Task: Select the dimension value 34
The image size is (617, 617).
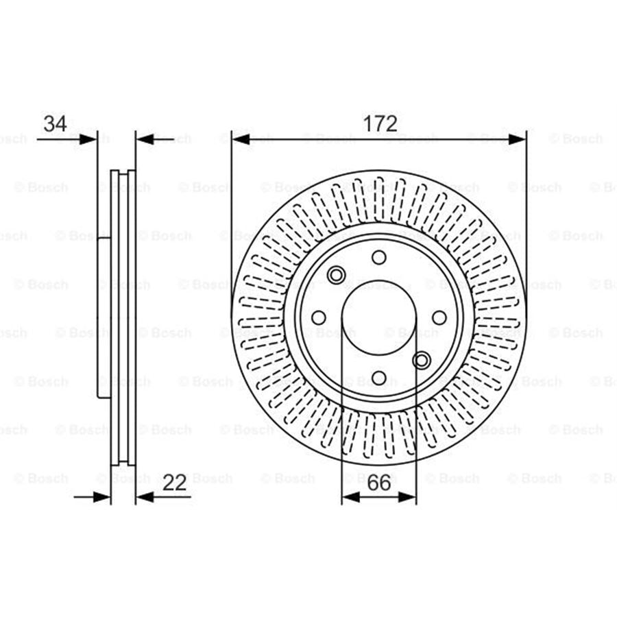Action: pyautogui.click(x=55, y=124)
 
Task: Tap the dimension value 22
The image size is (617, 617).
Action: pyautogui.click(x=176, y=483)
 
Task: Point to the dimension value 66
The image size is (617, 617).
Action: pyautogui.click(x=378, y=483)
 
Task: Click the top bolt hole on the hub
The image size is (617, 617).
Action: pyautogui.click(x=378, y=257)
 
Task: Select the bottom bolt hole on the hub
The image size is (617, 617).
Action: pyautogui.click(x=378, y=378)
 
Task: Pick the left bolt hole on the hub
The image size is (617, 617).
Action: pyautogui.click(x=319, y=317)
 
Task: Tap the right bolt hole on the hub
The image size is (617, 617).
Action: pyautogui.click(x=439, y=317)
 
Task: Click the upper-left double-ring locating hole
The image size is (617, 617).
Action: pyautogui.click(x=336, y=275)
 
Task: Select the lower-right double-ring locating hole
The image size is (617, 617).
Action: pyautogui.click(x=422, y=360)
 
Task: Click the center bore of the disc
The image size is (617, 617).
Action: pyautogui.click(x=378, y=317)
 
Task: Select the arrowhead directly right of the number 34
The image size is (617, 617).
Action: pyautogui.click(x=89, y=139)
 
